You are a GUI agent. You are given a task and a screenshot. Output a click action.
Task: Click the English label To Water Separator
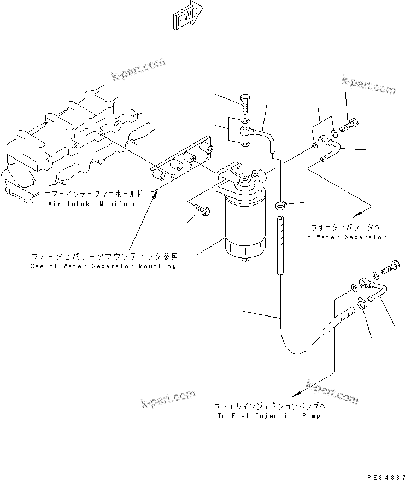[x=344, y=237]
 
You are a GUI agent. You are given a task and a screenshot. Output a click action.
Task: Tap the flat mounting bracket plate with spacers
[x=180, y=165]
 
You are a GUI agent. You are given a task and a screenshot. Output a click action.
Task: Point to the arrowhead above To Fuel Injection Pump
[x=296, y=393]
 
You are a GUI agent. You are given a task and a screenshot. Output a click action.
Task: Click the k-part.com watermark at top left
[x=137, y=68]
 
